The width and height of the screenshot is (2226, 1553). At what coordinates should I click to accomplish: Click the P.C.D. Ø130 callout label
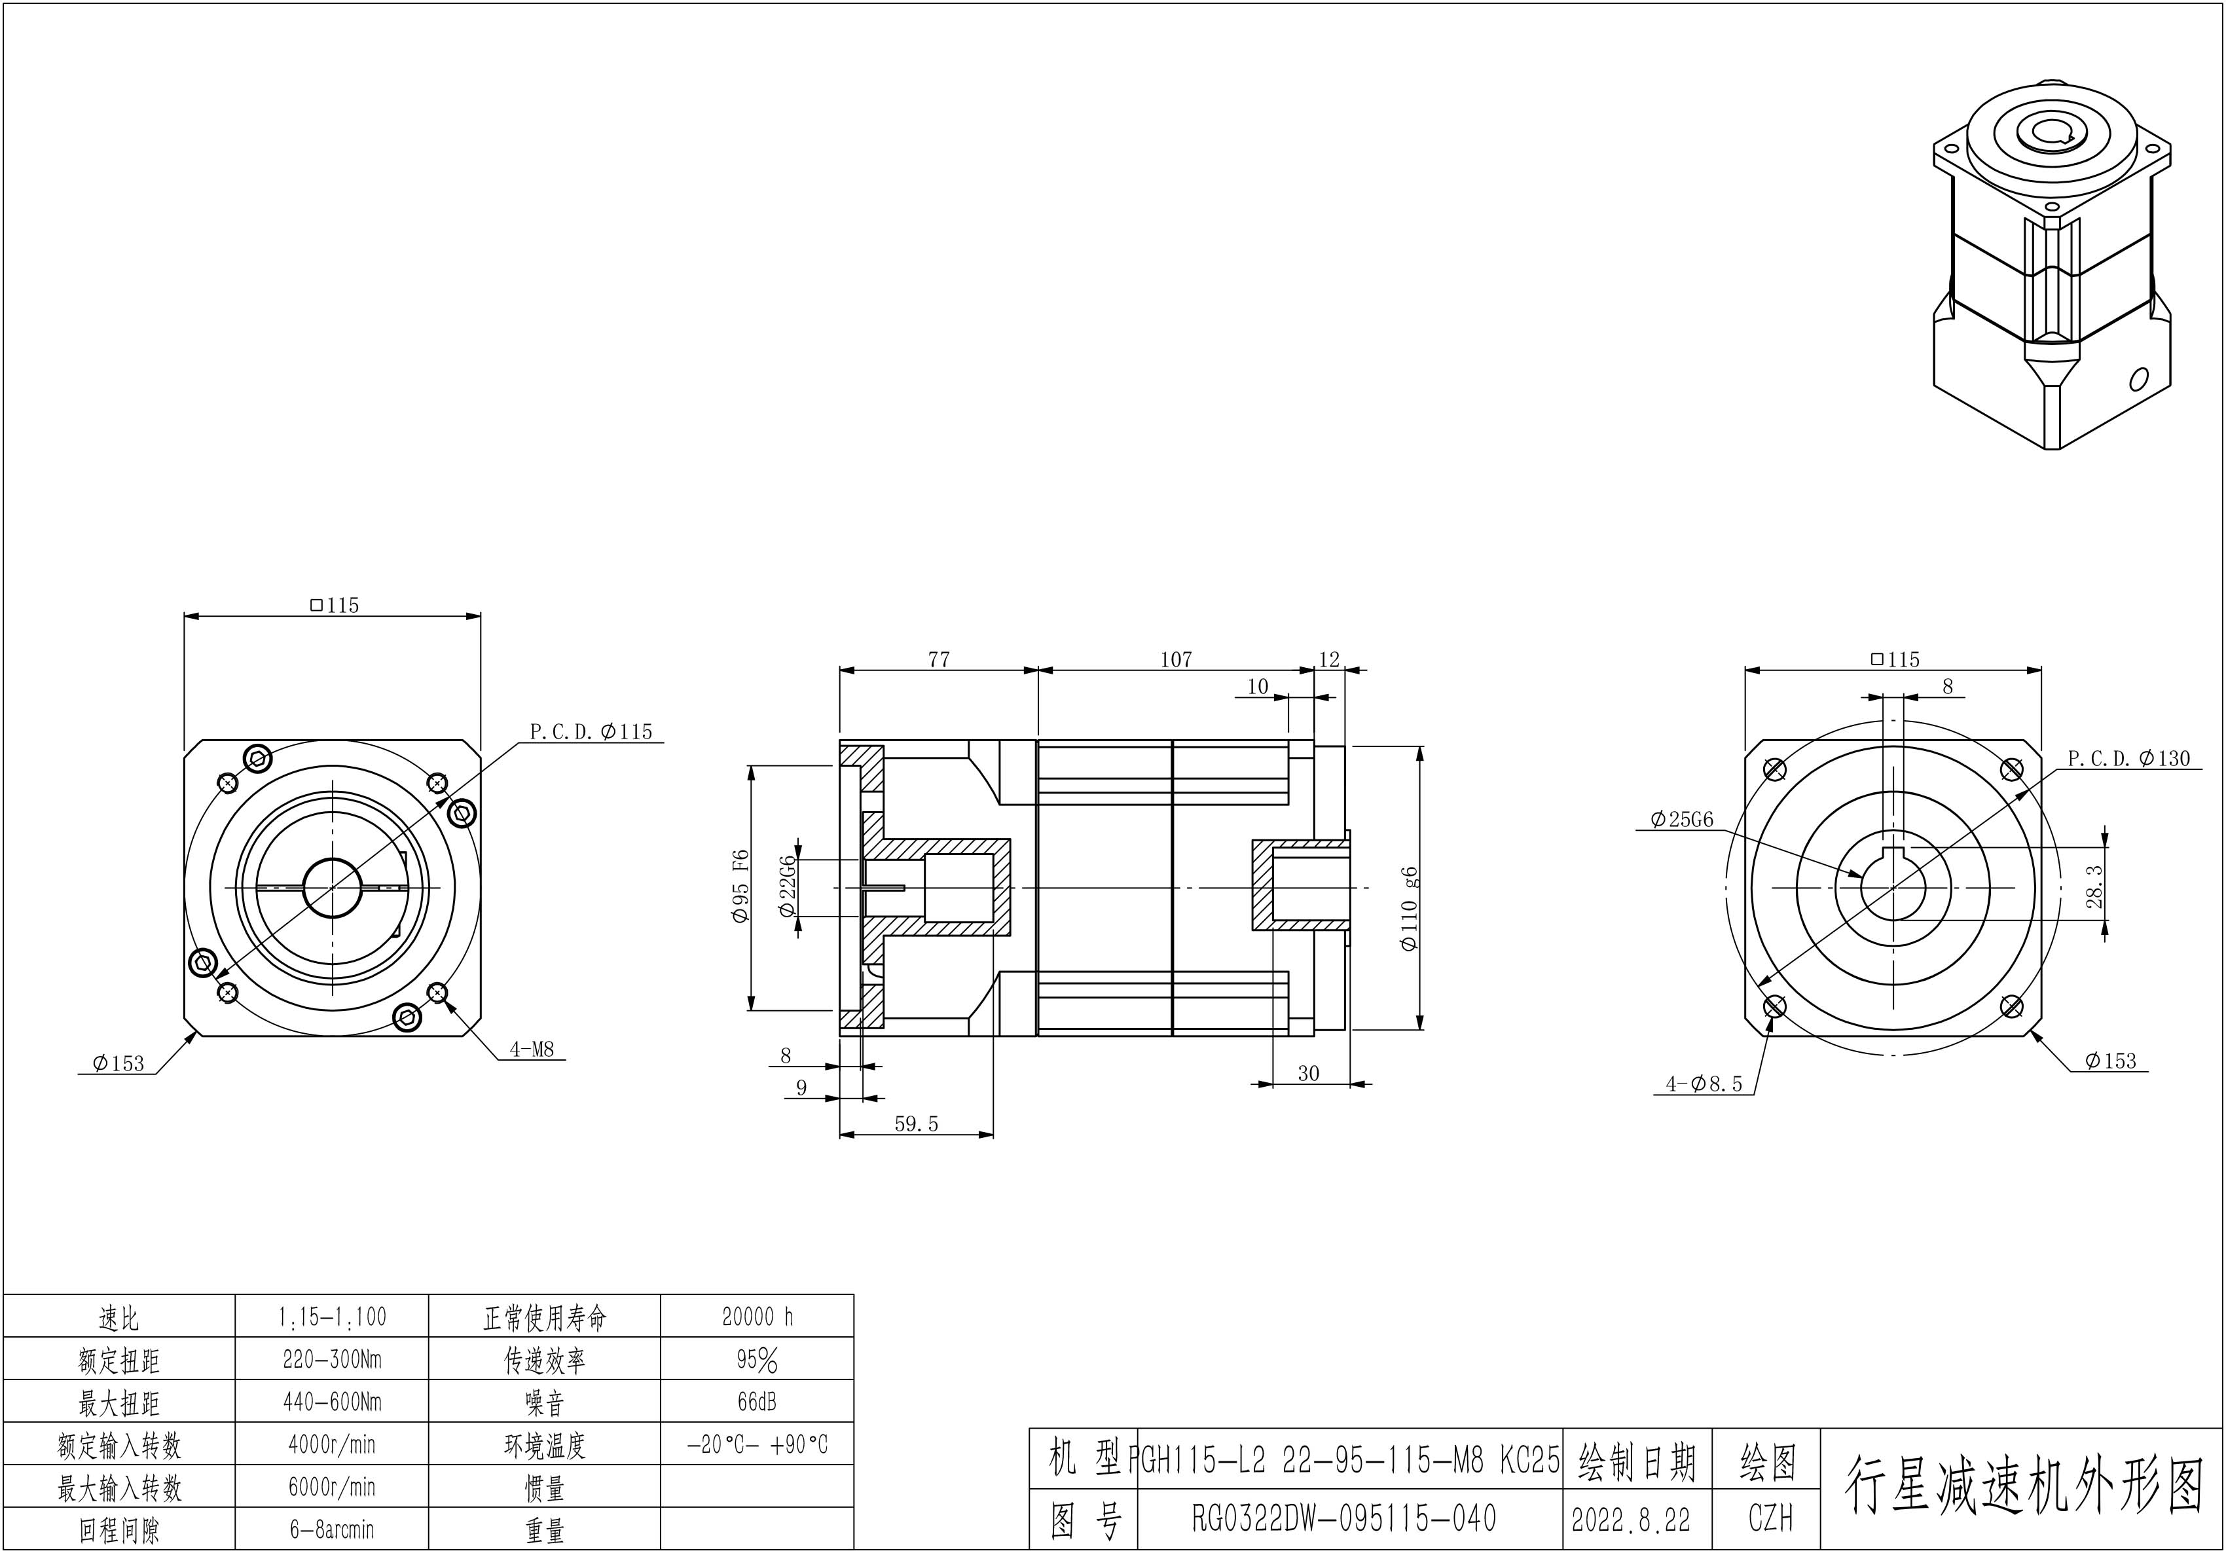[x=2128, y=759]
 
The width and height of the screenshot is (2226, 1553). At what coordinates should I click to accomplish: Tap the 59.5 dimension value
[x=916, y=1125]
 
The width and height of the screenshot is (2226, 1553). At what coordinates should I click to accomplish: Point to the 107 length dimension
[x=1175, y=660]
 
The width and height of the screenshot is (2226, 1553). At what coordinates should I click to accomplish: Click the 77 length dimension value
[x=938, y=660]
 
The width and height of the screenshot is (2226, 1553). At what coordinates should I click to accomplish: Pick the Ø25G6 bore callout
[x=1681, y=820]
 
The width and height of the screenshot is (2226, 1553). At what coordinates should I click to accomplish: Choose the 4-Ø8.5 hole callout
[x=1704, y=1085]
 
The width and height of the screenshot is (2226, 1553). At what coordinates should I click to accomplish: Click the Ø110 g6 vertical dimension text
[x=1410, y=908]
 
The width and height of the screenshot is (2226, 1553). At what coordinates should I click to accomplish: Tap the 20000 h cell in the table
[x=757, y=1317]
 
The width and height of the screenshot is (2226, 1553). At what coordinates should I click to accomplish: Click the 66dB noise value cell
[x=757, y=1402]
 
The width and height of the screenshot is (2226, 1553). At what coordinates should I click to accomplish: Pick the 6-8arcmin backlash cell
[x=331, y=1529]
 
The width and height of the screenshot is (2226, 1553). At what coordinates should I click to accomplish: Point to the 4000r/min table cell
[x=331, y=1444]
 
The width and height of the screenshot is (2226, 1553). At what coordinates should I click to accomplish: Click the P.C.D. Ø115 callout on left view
[x=591, y=732]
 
